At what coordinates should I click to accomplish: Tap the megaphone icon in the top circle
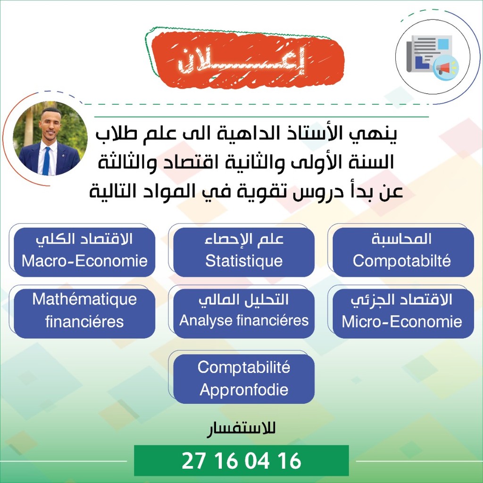pyautogui.click(x=446, y=68)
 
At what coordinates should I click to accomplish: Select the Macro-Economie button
pyautogui.click(x=84, y=252)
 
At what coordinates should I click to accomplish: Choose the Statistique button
pyautogui.click(x=244, y=252)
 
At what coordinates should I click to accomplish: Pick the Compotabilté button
pyautogui.click(x=403, y=252)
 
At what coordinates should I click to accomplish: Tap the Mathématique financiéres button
pyautogui.click(x=84, y=314)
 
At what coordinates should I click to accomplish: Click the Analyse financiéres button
pyautogui.click(x=244, y=314)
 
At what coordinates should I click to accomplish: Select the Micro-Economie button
pyautogui.click(x=403, y=314)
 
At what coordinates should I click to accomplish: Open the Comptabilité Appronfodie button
pyautogui.click(x=244, y=379)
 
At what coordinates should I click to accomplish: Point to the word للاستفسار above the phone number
pyautogui.click(x=241, y=429)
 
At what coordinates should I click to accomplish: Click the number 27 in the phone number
pyautogui.click(x=194, y=461)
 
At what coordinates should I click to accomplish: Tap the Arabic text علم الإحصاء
pyautogui.click(x=244, y=239)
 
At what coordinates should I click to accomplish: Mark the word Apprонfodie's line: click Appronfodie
pyautogui.click(x=244, y=390)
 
